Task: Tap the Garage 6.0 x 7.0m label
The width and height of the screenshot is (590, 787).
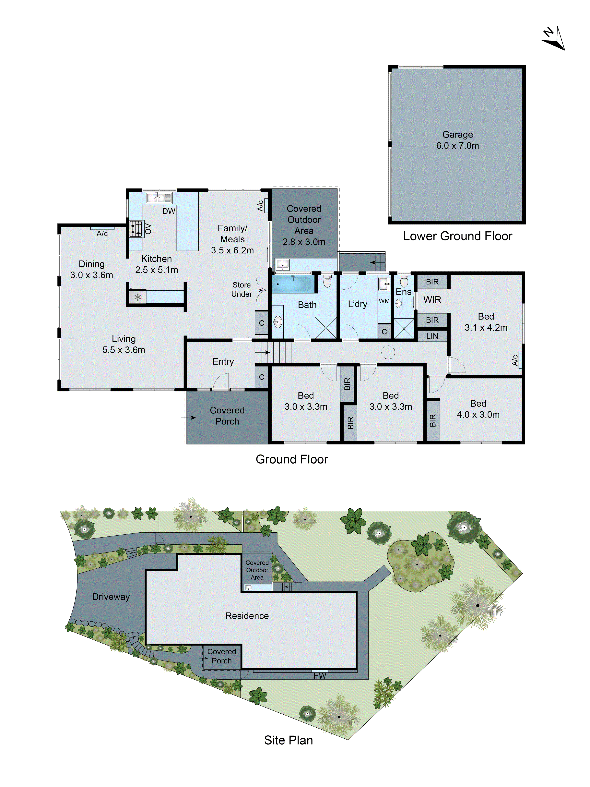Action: pos(457,140)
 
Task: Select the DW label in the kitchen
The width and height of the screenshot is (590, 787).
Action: pos(169,211)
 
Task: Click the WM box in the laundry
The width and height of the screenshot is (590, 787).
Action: pos(384,301)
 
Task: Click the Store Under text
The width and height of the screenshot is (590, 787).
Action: pos(242,289)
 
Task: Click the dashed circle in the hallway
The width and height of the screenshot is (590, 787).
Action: pos(388,352)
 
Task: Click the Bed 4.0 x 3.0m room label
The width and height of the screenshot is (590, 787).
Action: pos(478,409)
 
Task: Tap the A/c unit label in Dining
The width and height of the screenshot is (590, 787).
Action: pos(102,233)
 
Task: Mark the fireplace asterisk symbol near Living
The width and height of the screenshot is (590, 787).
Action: pos(138,297)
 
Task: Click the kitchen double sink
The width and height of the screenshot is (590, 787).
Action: pos(159,198)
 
